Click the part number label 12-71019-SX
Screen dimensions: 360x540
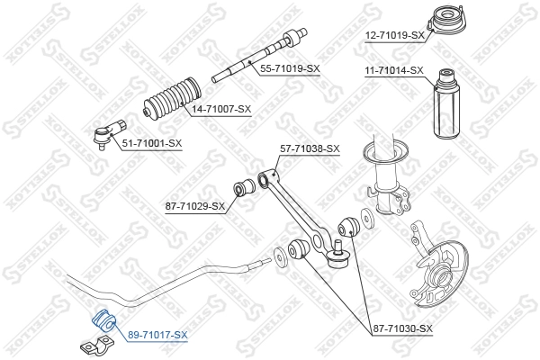394,36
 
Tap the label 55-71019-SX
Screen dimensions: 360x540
289,68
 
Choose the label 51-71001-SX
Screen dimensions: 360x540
151,143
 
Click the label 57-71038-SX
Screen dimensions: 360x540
309,148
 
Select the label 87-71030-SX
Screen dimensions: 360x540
402,329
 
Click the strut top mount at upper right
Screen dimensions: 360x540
442,20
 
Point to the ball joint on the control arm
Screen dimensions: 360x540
338,260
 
